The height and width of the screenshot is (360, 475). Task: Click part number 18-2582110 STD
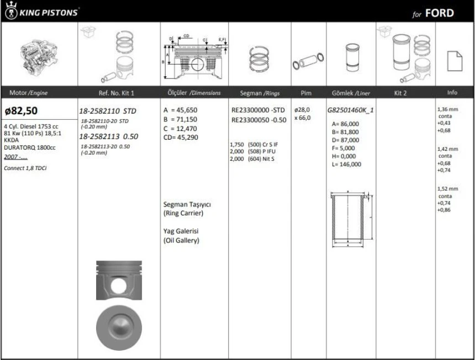(x=108, y=111)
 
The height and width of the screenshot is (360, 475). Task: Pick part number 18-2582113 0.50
(x=108, y=136)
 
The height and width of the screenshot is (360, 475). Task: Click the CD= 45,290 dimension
(x=181, y=137)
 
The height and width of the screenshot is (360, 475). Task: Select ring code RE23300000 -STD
(x=258, y=110)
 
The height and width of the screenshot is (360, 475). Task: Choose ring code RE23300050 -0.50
(x=258, y=119)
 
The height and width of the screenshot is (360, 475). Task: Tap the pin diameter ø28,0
(x=303, y=110)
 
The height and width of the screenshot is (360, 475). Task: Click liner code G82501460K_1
(x=350, y=110)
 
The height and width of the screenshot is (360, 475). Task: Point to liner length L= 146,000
(x=347, y=164)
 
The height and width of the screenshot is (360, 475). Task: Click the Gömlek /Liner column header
(x=350, y=93)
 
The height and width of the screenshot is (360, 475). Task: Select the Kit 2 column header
(x=400, y=93)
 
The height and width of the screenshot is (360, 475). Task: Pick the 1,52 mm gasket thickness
(x=447, y=189)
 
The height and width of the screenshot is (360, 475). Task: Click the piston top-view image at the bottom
(x=118, y=325)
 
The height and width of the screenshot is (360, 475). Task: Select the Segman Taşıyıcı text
(x=187, y=204)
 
